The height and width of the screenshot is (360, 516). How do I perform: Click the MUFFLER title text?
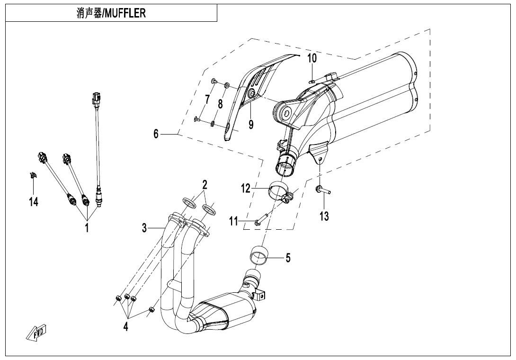point(111,13)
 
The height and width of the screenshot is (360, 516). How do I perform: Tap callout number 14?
point(33,202)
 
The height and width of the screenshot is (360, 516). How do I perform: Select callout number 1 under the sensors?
point(87,227)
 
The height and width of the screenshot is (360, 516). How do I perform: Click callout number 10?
point(312,59)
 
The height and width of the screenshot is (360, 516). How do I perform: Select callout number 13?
point(324,216)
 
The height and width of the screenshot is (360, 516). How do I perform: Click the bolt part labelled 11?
point(262,219)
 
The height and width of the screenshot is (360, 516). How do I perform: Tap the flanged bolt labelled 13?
point(322,190)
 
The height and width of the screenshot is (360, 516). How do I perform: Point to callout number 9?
point(251,125)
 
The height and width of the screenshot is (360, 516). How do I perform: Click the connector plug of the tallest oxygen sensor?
point(97,98)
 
